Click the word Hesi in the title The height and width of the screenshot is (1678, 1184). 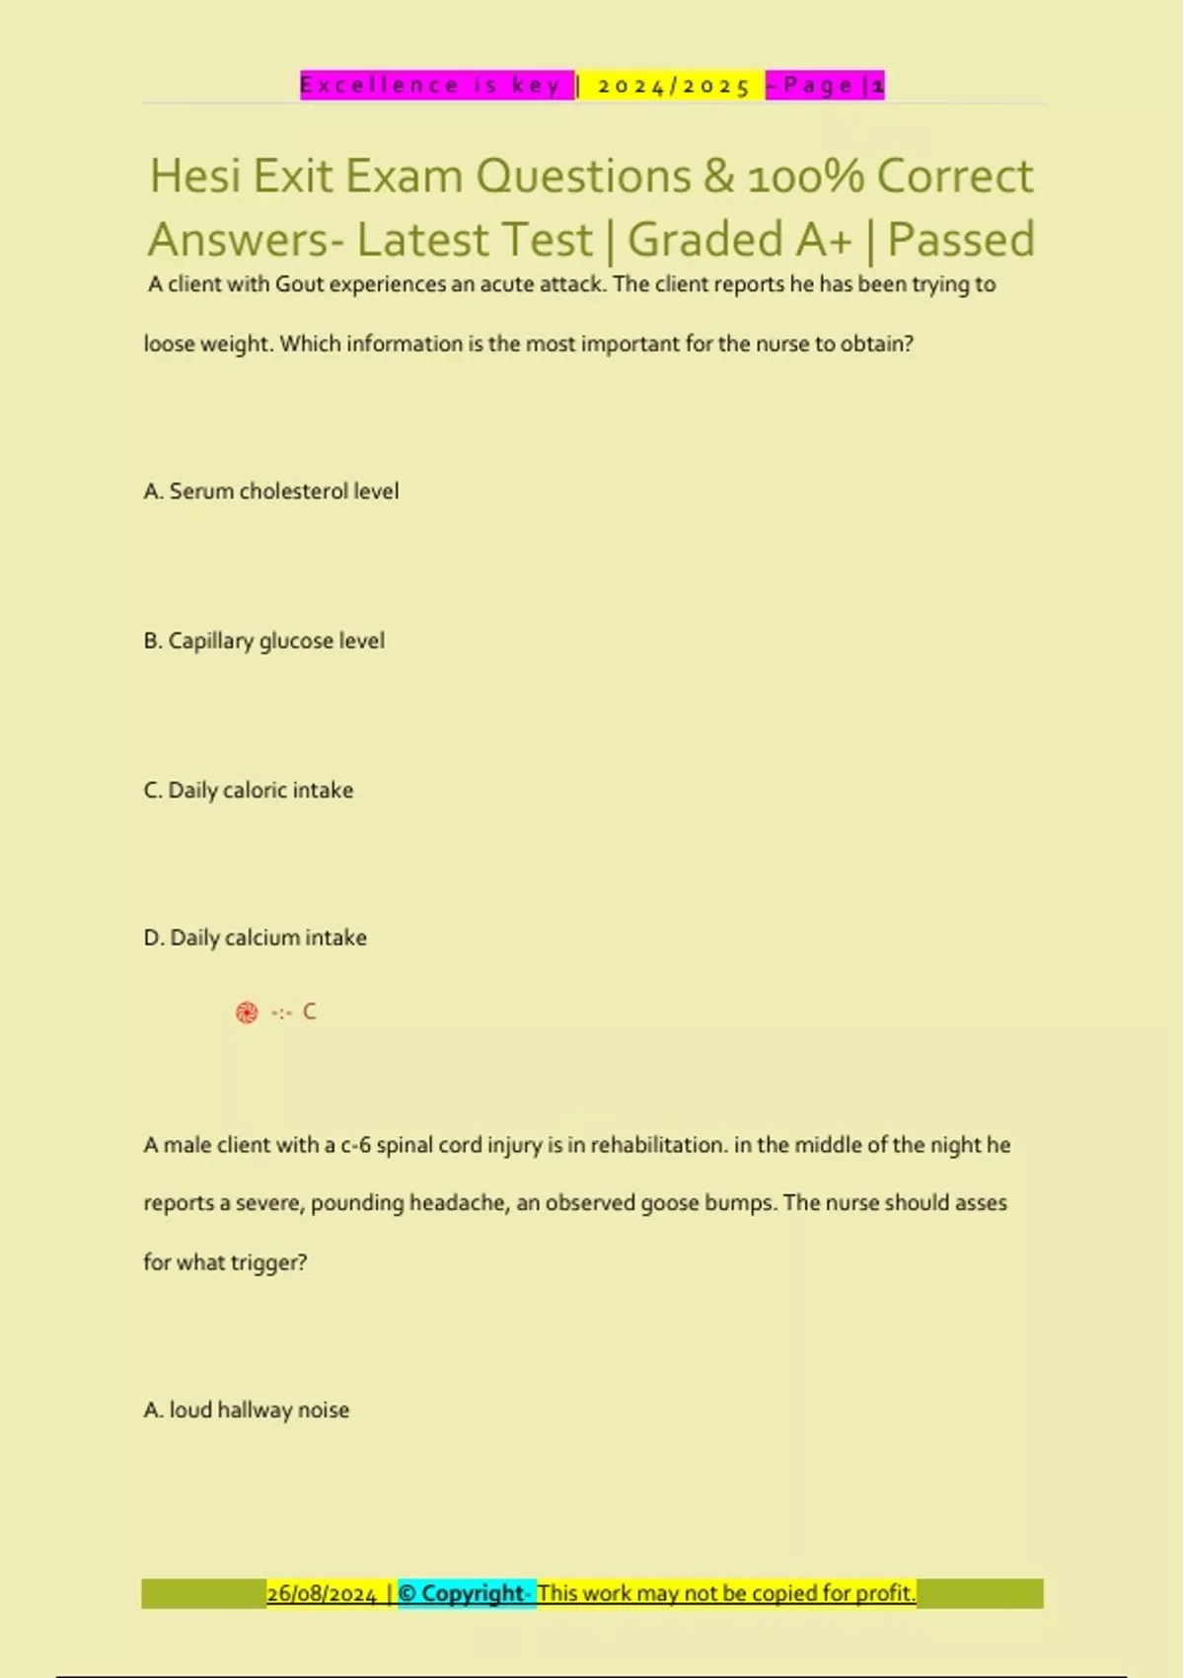pyautogui.click(x=195, y=177)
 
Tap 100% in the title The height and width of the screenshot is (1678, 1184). pyautogui.click(x=805, y=177)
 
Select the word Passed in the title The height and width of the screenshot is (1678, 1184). pyautogui.click(x=961, y=240)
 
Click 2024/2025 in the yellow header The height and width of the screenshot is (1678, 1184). pyautogui.click(x=674, y=86)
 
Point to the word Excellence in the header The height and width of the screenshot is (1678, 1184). pyautogui.click(x=380, y=86)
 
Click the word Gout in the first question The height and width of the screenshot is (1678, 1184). pyautogui.click(x=299, y=284)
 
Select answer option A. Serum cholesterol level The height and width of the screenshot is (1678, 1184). pyautogui.click(x=271, y=492)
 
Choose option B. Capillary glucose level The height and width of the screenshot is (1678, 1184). pyautogui.click(x=264, y=641)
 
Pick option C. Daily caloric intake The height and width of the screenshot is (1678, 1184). pyautogui.click(x=249, y=790)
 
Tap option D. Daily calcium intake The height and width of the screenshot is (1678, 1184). pyautogui.click(x=256, y=938)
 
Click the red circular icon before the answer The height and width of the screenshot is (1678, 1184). pyautogui.click(x=247, y=1013)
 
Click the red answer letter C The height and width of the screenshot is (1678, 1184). pyautogui.click(x=309, y=1012)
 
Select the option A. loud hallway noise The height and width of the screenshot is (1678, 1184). pyautogui.click(x=247, y=1411)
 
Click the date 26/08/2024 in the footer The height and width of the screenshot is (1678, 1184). pyautogui.click(x=322, y=1594)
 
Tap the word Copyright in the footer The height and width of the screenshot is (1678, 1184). pyautogui.click(x=472, y=1594)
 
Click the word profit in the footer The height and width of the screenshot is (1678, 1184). pyautogui.click(x=885, y=1594)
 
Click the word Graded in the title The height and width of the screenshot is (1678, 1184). pyautogui.click(x=705, y=240)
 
